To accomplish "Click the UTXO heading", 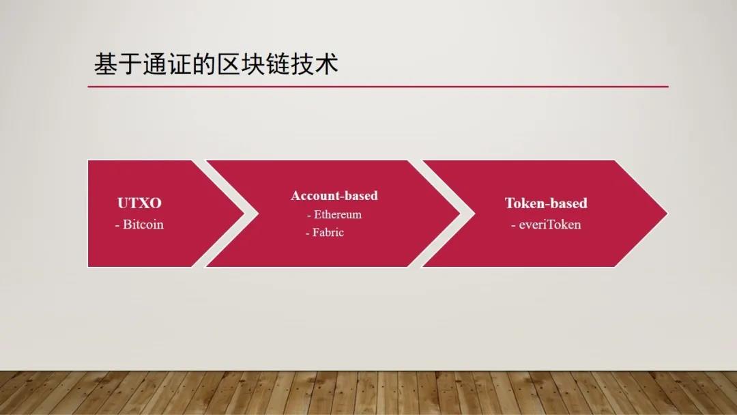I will pos(139,203).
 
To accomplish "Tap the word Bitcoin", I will pos(143,224).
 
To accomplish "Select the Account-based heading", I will pos(334,195).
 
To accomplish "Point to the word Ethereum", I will pos(338,214).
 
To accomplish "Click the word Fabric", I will pos(328,232).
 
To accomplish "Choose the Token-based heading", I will pos(546,203).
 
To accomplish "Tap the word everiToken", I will pos(550,224).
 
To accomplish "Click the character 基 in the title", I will pos(106,64).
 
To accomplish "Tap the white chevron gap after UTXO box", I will pos(250,213).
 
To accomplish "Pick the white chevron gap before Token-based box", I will pos(467,213).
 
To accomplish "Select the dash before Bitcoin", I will pos(117,225).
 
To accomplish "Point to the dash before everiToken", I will pos(513,225).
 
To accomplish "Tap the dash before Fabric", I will pos(308,233).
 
